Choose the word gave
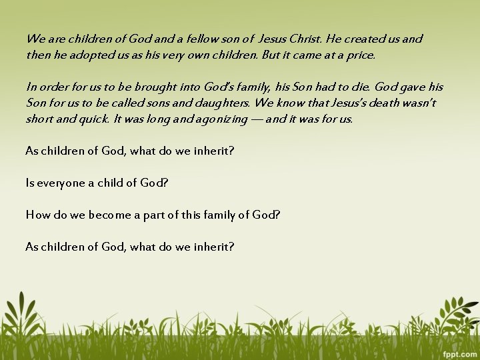[x=413, y=87]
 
